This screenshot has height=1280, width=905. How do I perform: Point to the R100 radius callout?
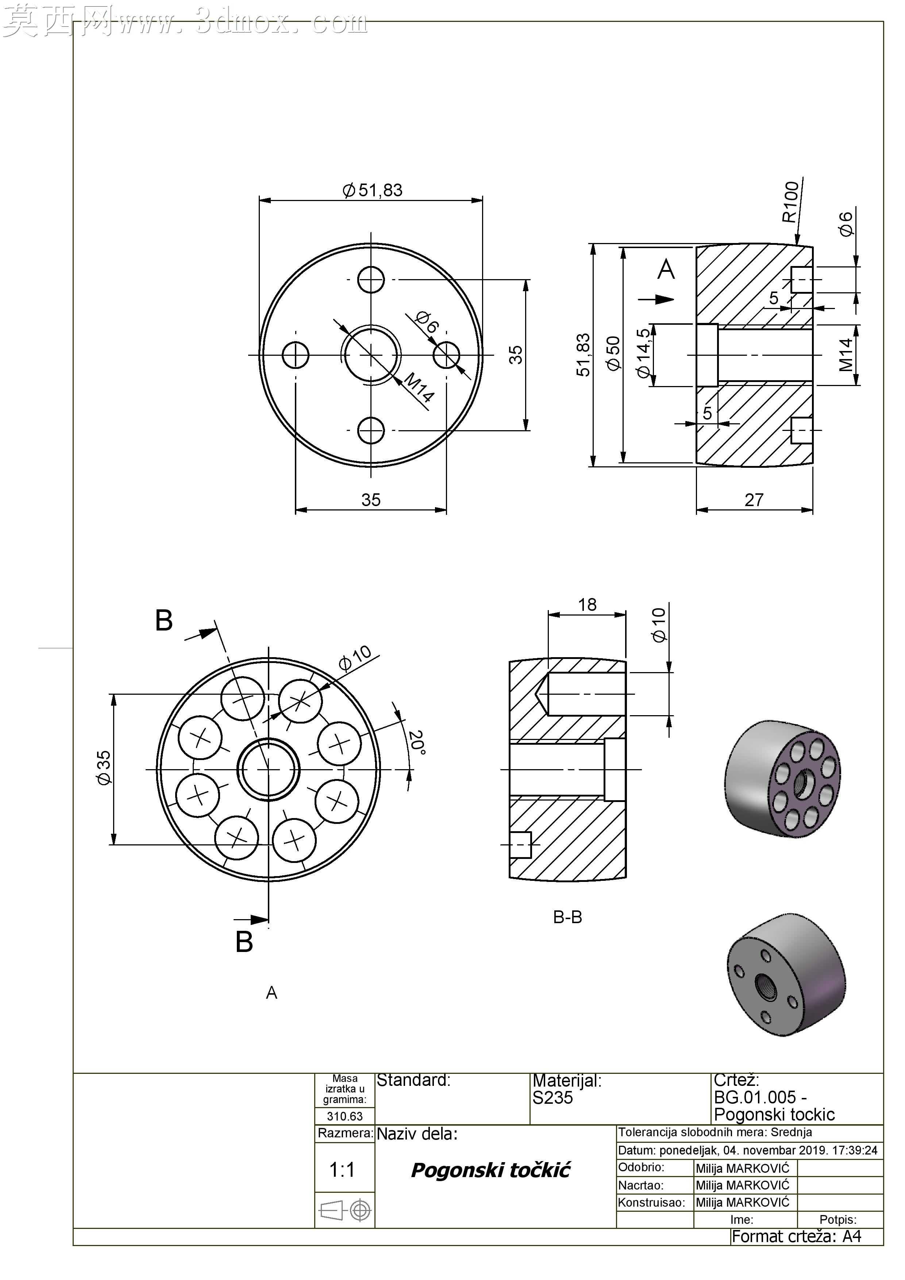tap(791, 202)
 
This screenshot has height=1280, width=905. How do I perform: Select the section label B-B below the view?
tap(568, 917)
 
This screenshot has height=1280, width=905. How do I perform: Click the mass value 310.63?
tap(344, 1116)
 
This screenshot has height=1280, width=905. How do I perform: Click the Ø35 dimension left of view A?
tap(104, 768)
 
